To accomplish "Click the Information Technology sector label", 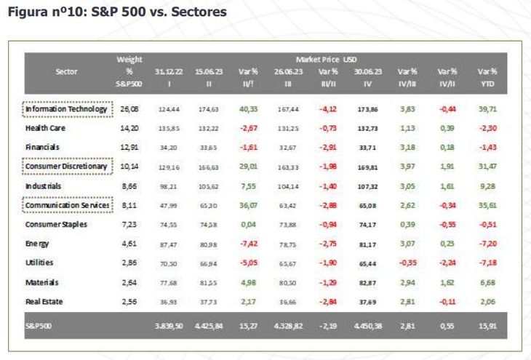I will pyautogui.click(x=66, y=109).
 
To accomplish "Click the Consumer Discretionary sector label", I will pyautogui.click(x=66, y=167).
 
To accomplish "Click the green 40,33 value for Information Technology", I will pyautogui.click(x=249, y=109).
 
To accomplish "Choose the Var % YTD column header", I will pyautogui.click(x=487, y=77).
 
